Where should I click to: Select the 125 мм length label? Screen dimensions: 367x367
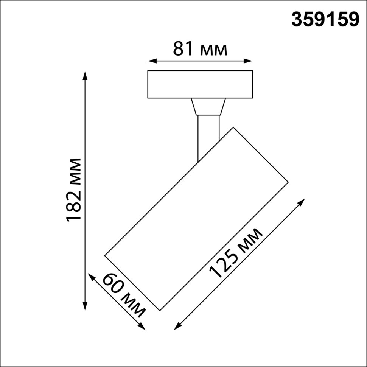(236, 253)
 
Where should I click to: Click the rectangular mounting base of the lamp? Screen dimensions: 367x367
(200, 84)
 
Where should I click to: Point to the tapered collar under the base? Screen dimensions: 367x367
(208, 107)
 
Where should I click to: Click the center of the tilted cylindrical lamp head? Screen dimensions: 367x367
(197, 219)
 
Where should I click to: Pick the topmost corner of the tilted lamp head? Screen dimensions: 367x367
(233, 127)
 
